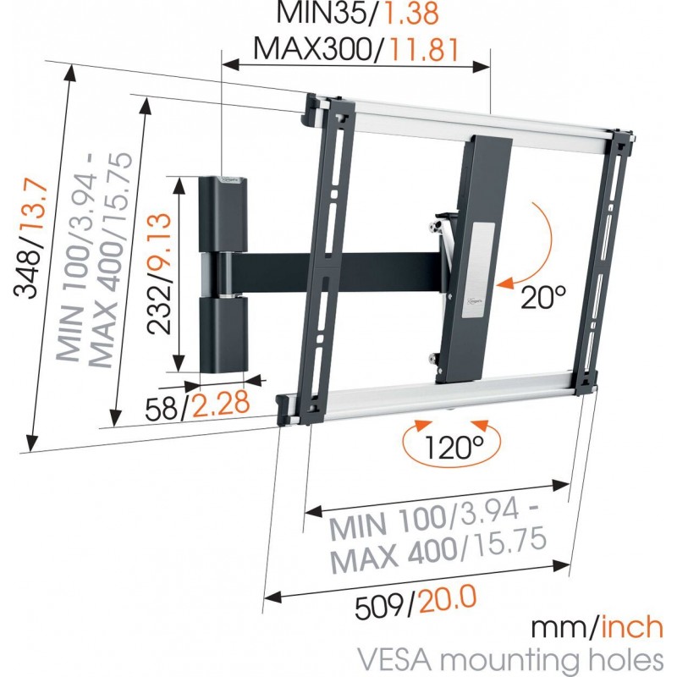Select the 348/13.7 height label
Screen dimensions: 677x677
click(x=33, y=254)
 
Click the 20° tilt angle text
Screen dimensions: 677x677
click(x=542, y=298)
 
